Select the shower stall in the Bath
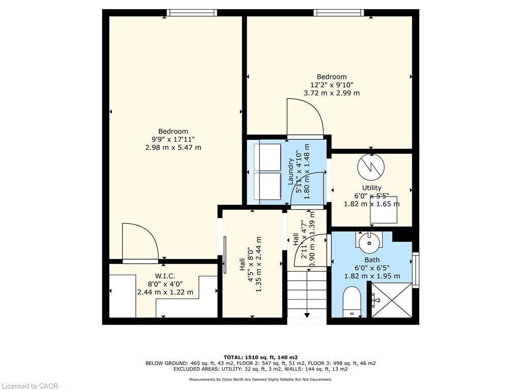391,300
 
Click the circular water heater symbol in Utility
371,167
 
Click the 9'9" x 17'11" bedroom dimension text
173,139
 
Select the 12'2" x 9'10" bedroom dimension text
332,85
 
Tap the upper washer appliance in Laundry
267,156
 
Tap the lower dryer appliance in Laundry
267,186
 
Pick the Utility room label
371,188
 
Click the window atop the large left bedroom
192,13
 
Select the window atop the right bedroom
339,13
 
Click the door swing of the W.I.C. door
140,243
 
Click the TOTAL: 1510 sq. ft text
260,357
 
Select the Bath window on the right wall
416,270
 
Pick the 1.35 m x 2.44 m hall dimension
259,264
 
